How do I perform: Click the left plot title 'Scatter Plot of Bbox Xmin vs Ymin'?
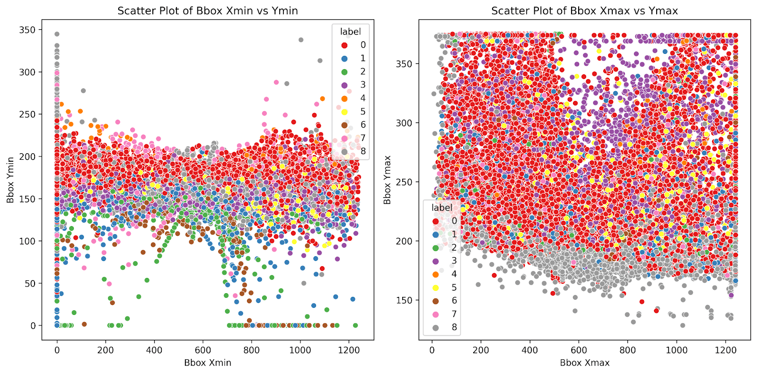[208, 11]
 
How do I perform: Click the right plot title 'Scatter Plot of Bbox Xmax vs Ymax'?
[584, 11]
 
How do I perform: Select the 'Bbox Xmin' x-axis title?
[208, 363]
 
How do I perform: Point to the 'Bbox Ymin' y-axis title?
[10, 180]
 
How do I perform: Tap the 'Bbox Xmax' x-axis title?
[584, 363]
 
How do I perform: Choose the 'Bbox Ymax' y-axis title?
[387, 180]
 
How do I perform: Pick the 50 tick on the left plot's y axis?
[31, 283]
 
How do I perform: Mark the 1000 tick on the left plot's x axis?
[300, 350]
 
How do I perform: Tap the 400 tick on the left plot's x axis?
[154, 350]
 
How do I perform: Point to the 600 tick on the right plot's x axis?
[579, 350]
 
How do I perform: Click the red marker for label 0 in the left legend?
[344, 45]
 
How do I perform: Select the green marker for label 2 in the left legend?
[344, 72]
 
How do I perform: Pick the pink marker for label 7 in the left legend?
[344, 138]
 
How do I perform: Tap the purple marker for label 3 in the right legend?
[436, 261]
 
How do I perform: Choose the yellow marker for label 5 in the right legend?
[436, 287]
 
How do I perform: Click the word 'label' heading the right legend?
[442, 208]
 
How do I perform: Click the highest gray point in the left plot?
[57, 34]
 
